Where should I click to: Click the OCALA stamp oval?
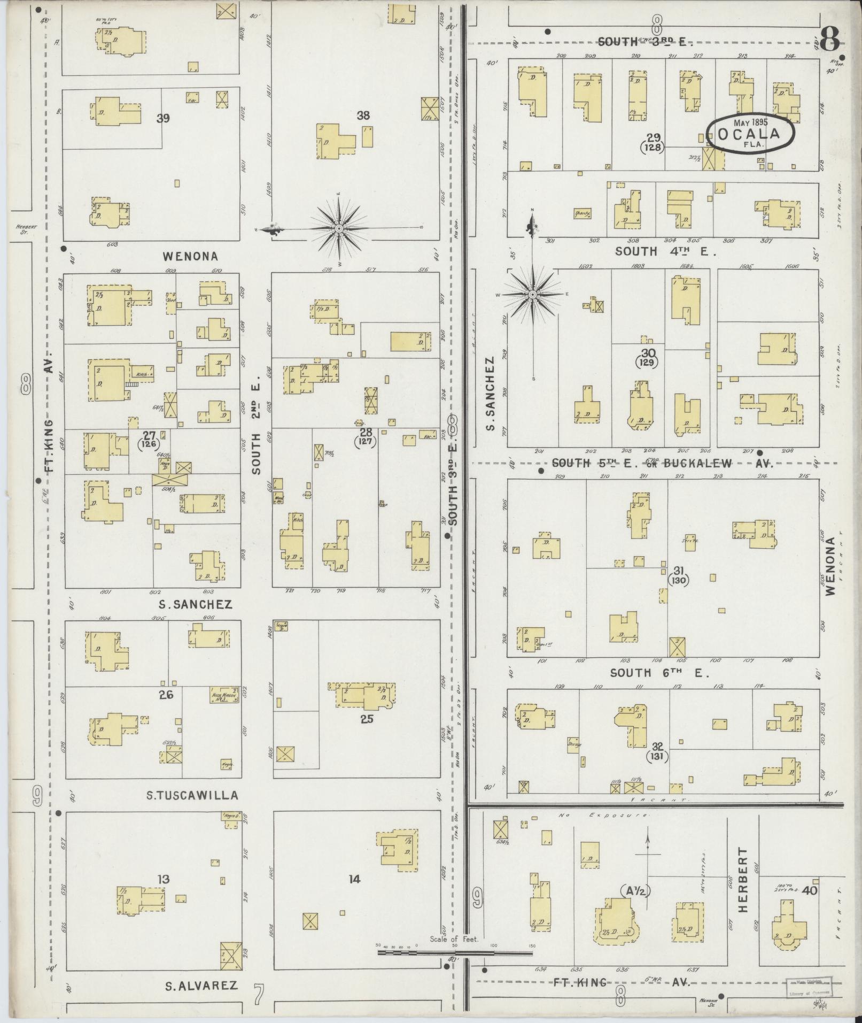click(x=750, y=134)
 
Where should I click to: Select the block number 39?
click(x=163, y=118)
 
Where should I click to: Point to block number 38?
click(x=363, y=115)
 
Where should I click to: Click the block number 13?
click(x=164, y=879)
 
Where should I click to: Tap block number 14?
click(x=354, y=879)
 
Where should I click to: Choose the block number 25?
click(x=366, y=719)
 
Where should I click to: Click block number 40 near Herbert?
click(x=809, y=890)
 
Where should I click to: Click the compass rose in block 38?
click(x=339, y=229)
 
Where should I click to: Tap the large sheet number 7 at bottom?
click(x=259, y=995)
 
